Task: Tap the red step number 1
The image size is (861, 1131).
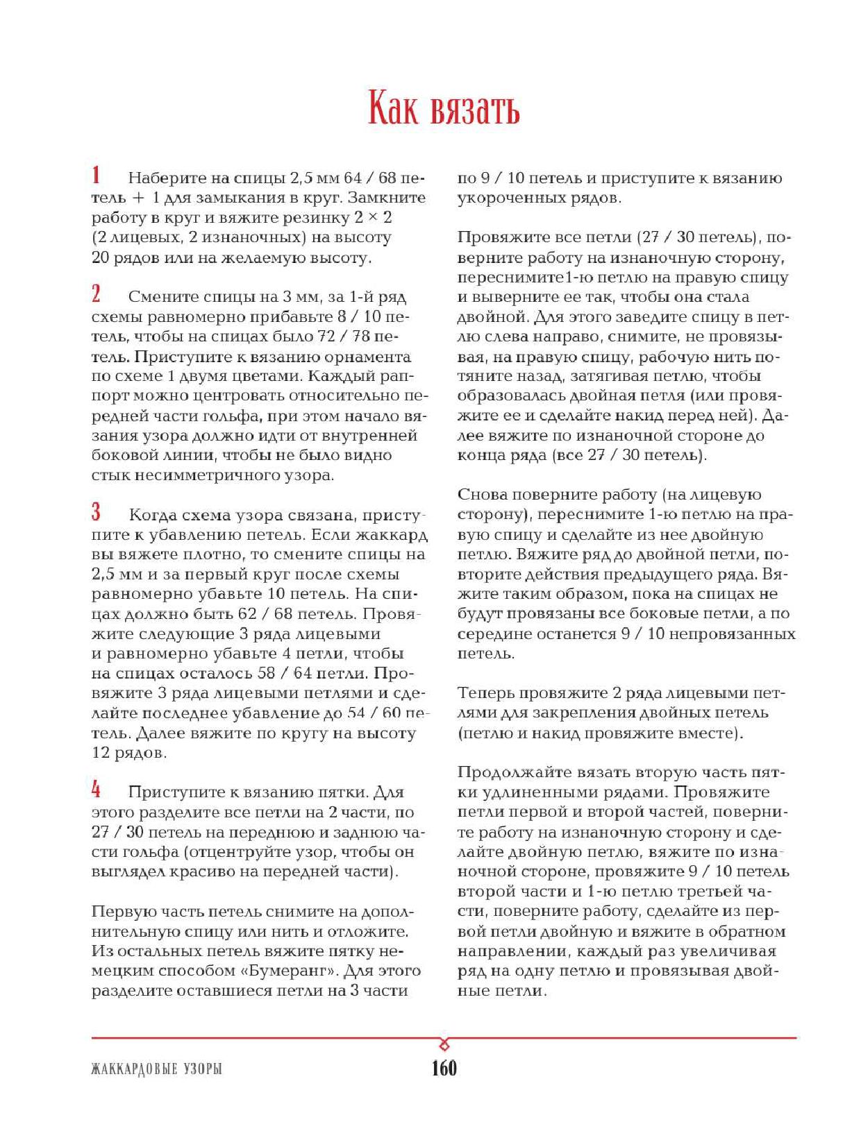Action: pyautogui.click(x=97, y=175)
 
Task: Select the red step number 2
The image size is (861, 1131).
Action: pyautogui.click(x=97, y=294)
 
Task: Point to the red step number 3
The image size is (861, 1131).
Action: pyautogui.click(x=97, y=512)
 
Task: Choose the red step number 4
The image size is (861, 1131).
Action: pyautogui.click(x=97, y=789)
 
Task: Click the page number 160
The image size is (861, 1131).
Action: pyautogui.click(x=444, y=1068)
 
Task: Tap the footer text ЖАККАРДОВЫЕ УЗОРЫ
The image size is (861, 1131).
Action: pyautogui.click(x=156, y=1069)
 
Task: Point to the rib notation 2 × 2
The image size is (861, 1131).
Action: pyautogui.click(x=373, y=218)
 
